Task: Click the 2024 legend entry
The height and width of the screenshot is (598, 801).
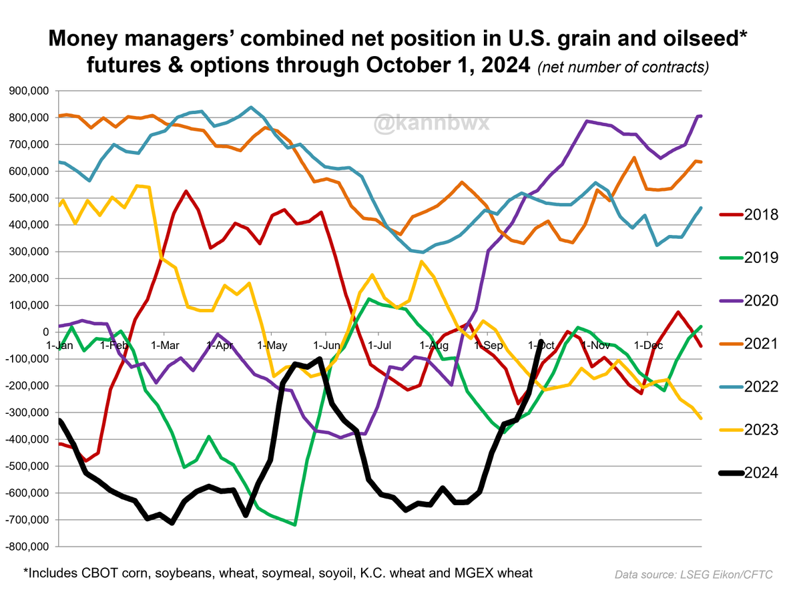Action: click(x=748, y=473)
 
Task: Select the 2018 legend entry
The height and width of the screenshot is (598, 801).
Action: click(x=748, y=215)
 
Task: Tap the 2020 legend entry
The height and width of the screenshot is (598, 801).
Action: click(x=748, y=301)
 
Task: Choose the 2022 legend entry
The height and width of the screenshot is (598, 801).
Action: click(x=748, y=386)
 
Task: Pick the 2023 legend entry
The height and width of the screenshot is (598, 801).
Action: click(x=748, y=430)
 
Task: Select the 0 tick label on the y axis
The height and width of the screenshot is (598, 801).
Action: click(x=46, y=332)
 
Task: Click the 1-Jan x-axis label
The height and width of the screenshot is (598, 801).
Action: click(x=59, y=345)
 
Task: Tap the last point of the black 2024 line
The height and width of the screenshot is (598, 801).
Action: click(x=540, y=342)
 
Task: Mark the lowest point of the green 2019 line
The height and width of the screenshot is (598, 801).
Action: click(x=294, y=525)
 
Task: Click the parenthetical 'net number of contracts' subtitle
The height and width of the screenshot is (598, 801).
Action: click(x=623, y=67)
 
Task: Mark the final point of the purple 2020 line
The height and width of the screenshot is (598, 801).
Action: click(x=700, y=116)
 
